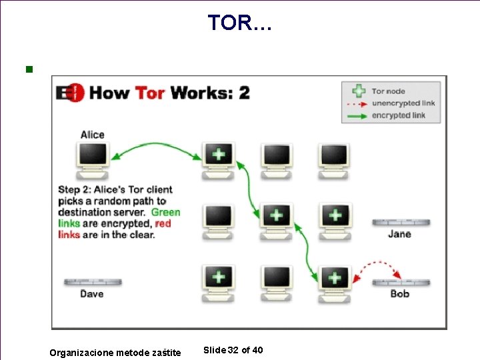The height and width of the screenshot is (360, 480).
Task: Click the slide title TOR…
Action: click(x=239, y=23)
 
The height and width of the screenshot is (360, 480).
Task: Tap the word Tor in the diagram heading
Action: click(x=150, y=92)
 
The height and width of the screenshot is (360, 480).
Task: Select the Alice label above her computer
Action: click(x=93, y=135)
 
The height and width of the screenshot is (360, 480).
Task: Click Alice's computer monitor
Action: click(x=93, y=155)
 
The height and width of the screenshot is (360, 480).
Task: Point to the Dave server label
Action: click(x=92, y=293)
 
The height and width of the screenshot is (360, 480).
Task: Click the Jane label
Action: click(x=399, y=234)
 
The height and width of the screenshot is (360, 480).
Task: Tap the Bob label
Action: click(x=400, y=293)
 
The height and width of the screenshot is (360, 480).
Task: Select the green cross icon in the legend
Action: click(x=359, y=91)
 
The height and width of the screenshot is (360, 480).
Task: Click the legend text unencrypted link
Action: click(x=404, y=103)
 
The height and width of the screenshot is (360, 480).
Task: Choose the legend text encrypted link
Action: click(x=399, y=115)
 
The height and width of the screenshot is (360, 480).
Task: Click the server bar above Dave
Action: click(x=92, y=282)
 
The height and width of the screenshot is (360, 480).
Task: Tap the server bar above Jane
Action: click(x=400, y=223)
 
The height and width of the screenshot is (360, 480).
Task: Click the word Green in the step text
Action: click(x=165, y=212)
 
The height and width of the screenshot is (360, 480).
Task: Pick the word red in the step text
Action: click(x=163, y=223)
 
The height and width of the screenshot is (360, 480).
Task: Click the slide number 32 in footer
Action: click(x=233, y=351)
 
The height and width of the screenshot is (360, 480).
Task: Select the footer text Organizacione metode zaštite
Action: click(x=115, y=353)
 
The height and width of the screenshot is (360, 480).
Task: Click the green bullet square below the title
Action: click(x=28, y=69)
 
